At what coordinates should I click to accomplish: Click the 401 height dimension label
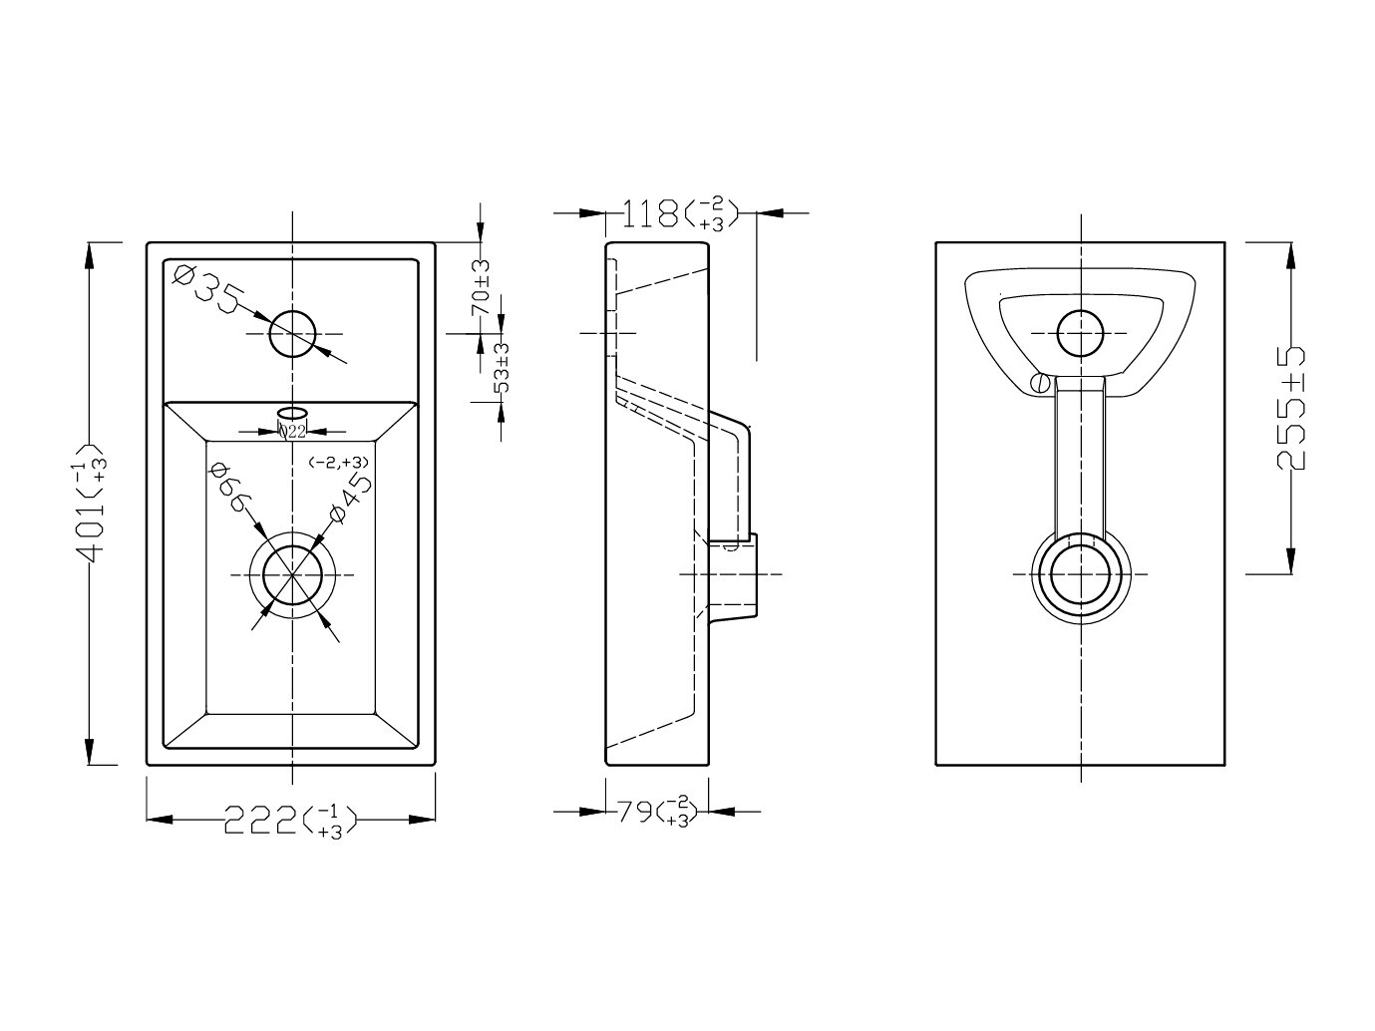[x=89, y=503]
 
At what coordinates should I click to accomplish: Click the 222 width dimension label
[x=290, y=821]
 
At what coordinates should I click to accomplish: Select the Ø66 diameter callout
[x=230, y=487]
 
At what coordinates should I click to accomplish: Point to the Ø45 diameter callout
[x=351, y=498]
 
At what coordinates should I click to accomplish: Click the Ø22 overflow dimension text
[x=292, y=431]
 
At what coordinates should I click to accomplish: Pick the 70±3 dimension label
[x=481, y=287]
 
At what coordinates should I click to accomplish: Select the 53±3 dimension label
[x=502, y=367]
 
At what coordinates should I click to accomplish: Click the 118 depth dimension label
[x=680, y=213]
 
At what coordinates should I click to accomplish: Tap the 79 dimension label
[x=656, y=812]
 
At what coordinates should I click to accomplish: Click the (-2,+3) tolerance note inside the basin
[x=338, y=463]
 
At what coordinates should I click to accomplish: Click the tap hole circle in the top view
[x=292, y=334]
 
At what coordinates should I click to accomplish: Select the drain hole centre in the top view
[x=292, y=574]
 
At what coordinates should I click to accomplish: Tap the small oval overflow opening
[x=292, y=412]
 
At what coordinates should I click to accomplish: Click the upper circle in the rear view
[x=1080, y=333]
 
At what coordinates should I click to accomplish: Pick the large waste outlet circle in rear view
[x=1080, y=574]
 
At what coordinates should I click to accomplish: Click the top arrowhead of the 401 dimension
[x=89, y=256]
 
